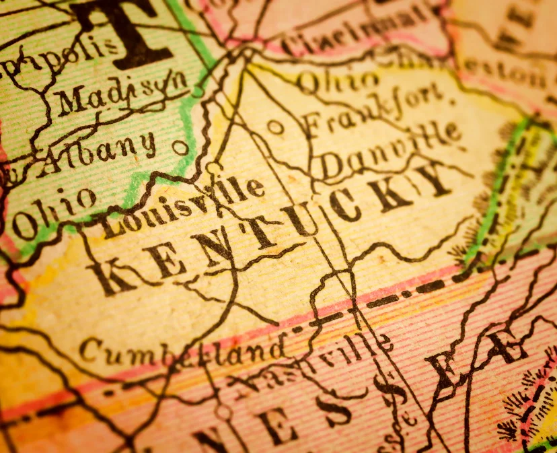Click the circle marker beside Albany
(x=180, y=147)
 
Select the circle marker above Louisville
(x=213, y=168)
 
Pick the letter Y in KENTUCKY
(x=431, y=178)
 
